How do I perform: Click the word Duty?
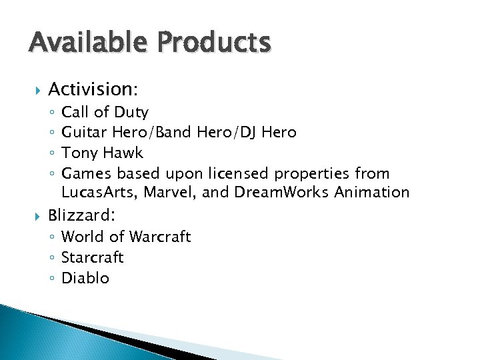pos(131,112)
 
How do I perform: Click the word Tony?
pos(79,153)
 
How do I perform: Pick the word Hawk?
pos(123,153)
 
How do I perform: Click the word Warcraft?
pos(160,237)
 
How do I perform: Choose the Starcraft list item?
pos(93,258)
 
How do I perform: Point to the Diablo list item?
pos(85,279)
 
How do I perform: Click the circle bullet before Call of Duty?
pos(53,113)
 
